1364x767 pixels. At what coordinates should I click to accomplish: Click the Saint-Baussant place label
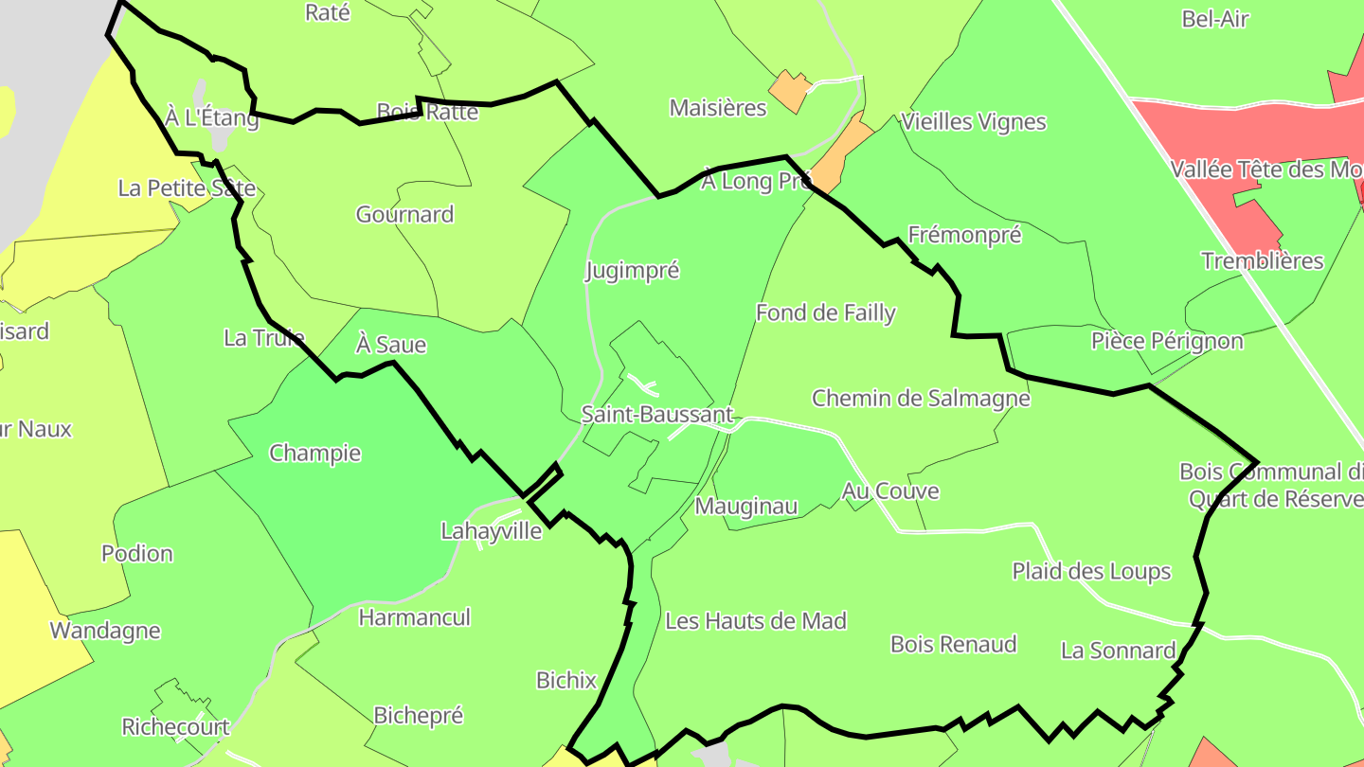(657, 415)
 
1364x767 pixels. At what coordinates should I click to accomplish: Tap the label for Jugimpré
(633, 271)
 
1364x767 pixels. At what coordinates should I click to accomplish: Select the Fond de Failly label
(826, 312)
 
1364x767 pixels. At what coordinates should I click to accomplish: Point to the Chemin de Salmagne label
(921, 398)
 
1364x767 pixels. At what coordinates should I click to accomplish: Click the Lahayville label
(492, 531)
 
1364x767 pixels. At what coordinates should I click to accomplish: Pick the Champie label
(315, 453)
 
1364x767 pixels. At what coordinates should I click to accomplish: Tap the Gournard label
(404, 214)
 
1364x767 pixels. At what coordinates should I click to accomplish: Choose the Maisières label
(718, 108)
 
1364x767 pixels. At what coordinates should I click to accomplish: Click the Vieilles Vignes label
(974, 121)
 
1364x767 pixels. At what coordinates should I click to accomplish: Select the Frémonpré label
(964, 235)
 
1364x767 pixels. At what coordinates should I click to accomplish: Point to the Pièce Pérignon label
(1167, 341)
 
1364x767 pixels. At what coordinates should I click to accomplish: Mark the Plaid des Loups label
(1091, 571)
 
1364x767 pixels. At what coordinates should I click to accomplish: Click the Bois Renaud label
(954, 644)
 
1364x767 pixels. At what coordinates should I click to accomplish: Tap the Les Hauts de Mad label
(756, 621)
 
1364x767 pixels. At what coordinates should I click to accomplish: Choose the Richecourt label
(175, 726)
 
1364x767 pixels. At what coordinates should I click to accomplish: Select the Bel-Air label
(1216, 19)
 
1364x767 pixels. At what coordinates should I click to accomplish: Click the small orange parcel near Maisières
(790, 91)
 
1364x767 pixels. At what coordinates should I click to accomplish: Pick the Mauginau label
(746, 507)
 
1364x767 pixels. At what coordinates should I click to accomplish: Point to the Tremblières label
(1263, 261)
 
